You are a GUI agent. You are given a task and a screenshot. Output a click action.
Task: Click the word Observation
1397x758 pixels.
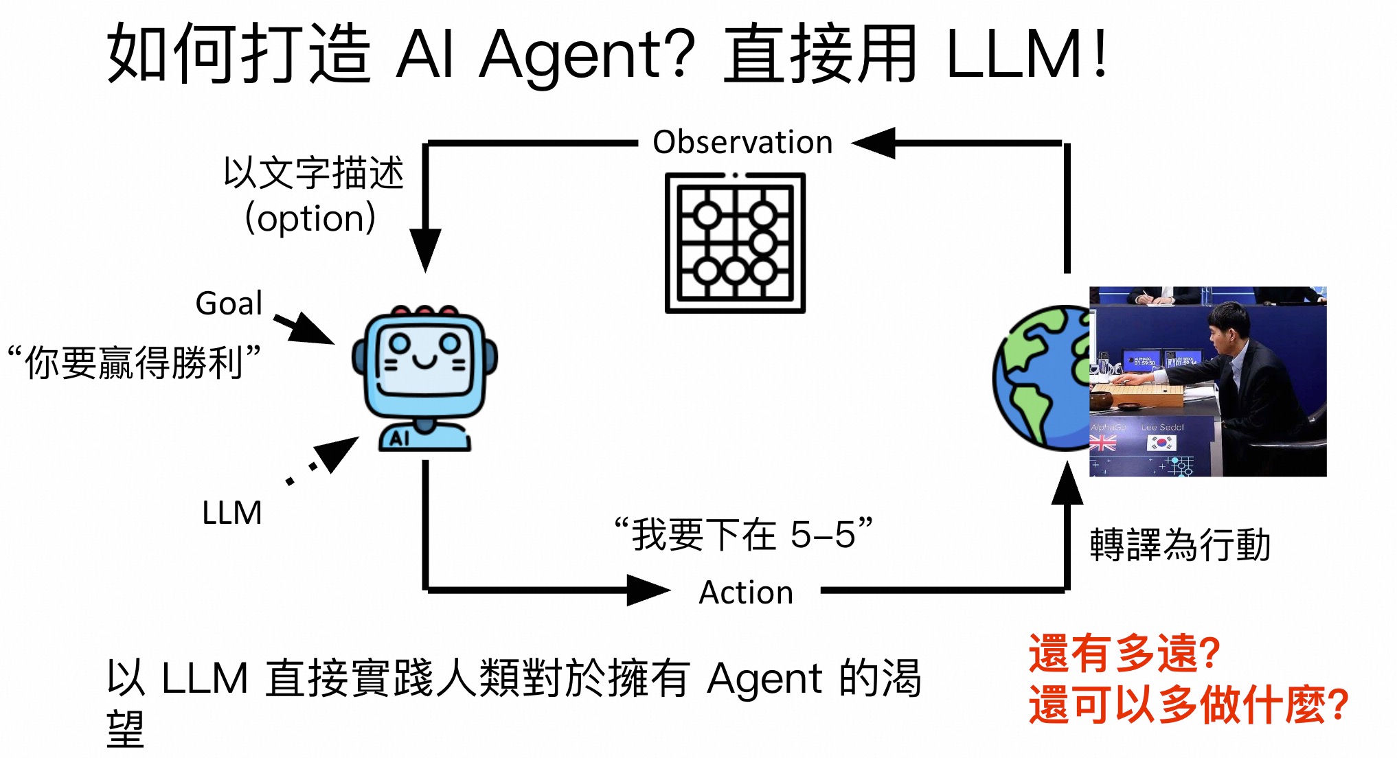click(742, 142)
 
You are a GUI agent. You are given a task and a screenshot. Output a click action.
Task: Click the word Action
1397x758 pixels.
click(746, 592)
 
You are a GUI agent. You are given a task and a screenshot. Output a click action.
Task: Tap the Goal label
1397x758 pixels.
click(229, 303)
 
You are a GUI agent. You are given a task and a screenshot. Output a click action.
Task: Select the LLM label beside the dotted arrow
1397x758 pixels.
click(231, 512)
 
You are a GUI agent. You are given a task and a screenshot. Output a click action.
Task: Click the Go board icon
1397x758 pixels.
click(735, 243)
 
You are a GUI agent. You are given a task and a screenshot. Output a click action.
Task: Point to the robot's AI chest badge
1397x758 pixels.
click(400, 438)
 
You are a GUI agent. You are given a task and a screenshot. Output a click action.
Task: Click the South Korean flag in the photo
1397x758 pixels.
click(1161, 444)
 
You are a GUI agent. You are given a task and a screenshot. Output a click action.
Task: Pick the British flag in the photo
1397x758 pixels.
click(1103, 444)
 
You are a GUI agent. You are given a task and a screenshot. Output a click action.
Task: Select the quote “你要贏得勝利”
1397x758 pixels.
click(134, 362)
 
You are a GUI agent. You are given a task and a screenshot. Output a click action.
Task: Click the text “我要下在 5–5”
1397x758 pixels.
click(743, 534)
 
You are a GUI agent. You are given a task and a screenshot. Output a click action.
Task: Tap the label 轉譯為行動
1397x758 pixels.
click(1179, 545)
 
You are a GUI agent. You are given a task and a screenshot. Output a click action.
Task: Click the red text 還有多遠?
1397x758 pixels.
click(1124, 653)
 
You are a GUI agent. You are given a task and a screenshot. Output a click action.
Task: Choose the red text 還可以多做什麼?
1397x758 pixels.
click(1188, 705)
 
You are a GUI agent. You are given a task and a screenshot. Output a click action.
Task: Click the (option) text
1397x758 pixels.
click(310, 218)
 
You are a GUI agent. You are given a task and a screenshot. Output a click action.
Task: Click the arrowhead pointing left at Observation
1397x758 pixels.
click(874, 143)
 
